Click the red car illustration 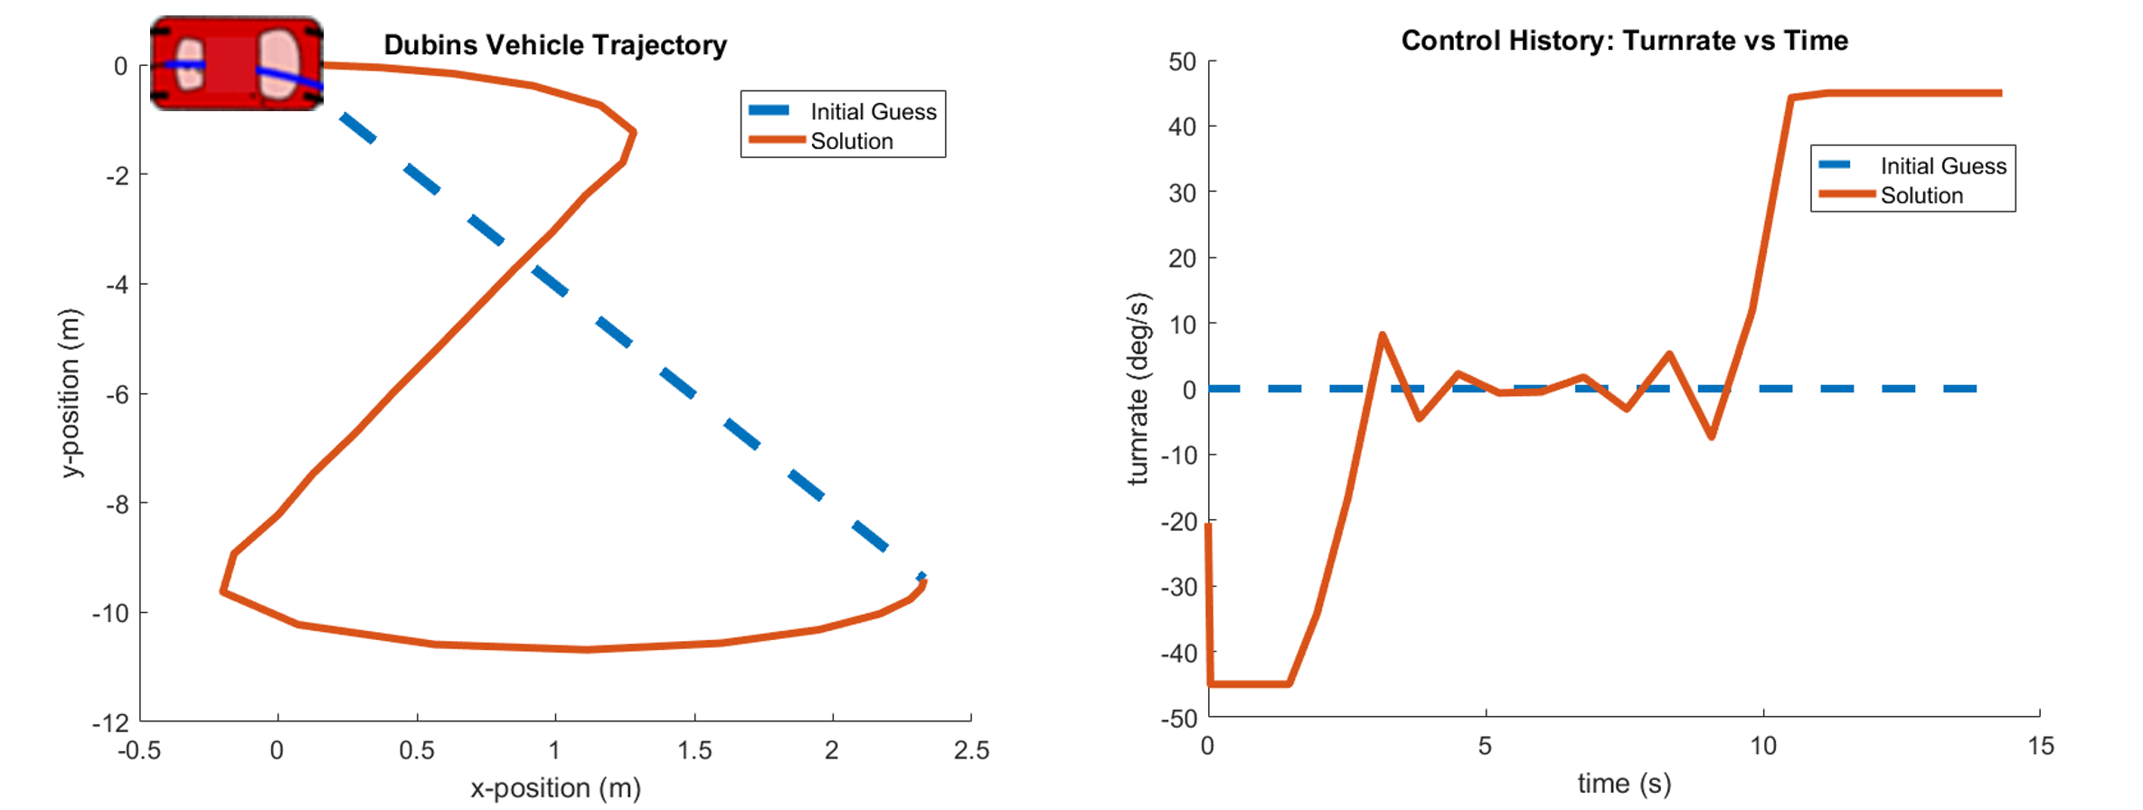(236, 64)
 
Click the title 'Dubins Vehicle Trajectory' (555, 45)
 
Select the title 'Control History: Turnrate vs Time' (1624, 41)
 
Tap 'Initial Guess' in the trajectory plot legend (873, 111)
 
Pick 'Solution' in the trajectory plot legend (851, 141)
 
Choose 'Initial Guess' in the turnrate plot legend (1942, 165)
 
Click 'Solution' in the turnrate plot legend (1921, 195)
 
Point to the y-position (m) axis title (71, 393)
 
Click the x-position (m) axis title (555, 787)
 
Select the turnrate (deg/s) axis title (1138, 389)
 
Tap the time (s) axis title (1624, 783)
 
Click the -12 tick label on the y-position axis (110, 722)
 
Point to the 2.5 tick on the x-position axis (971, 750)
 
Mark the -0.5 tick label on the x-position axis (139, 750)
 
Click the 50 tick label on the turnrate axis (1182, 61)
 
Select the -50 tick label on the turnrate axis (1178, 719)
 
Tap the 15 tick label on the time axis (2041, 746)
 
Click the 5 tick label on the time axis (1485, 746)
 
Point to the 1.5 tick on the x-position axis (694, 750)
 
